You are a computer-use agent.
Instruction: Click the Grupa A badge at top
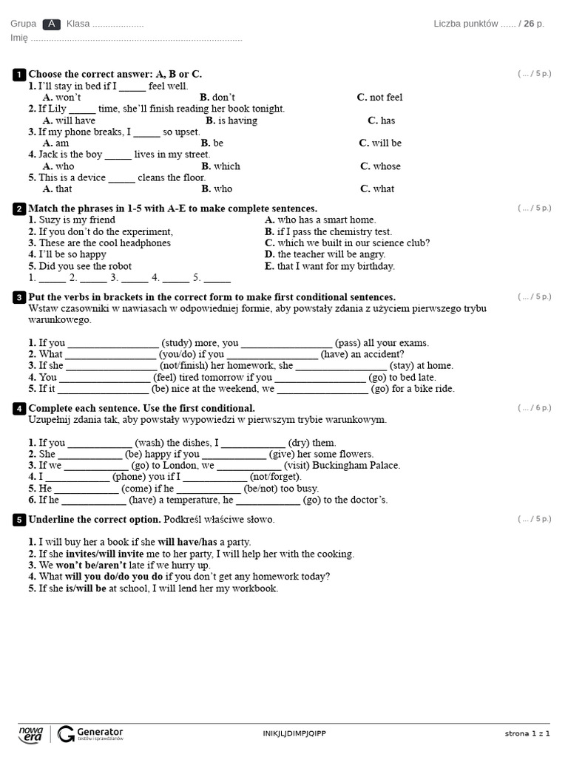[52, 24]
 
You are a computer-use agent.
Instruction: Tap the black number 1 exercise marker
[19, 74]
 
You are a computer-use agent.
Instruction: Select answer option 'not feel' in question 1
[385, 98]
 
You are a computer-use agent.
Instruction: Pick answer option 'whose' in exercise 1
[386, 166]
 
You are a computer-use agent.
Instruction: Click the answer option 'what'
[383, 189]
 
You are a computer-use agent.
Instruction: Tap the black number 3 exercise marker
[19, 297]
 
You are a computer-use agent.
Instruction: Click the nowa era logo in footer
[30, 733]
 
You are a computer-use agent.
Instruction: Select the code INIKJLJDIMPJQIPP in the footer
[294, 733]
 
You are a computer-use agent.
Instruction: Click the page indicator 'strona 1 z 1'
[527, 733]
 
